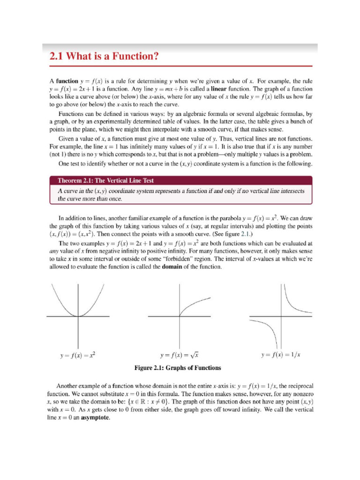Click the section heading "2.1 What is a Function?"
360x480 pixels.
pyautogui.click(x=104, y=57)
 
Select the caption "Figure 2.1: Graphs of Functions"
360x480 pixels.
pyautogui.click(x=178, y=367)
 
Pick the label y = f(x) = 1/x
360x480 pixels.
pyautogui.click(x=280, y=355)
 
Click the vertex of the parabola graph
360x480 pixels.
pyautogui.click(x=78, y=316)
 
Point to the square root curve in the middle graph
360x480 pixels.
pyautogui.click(x=192, y=304)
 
